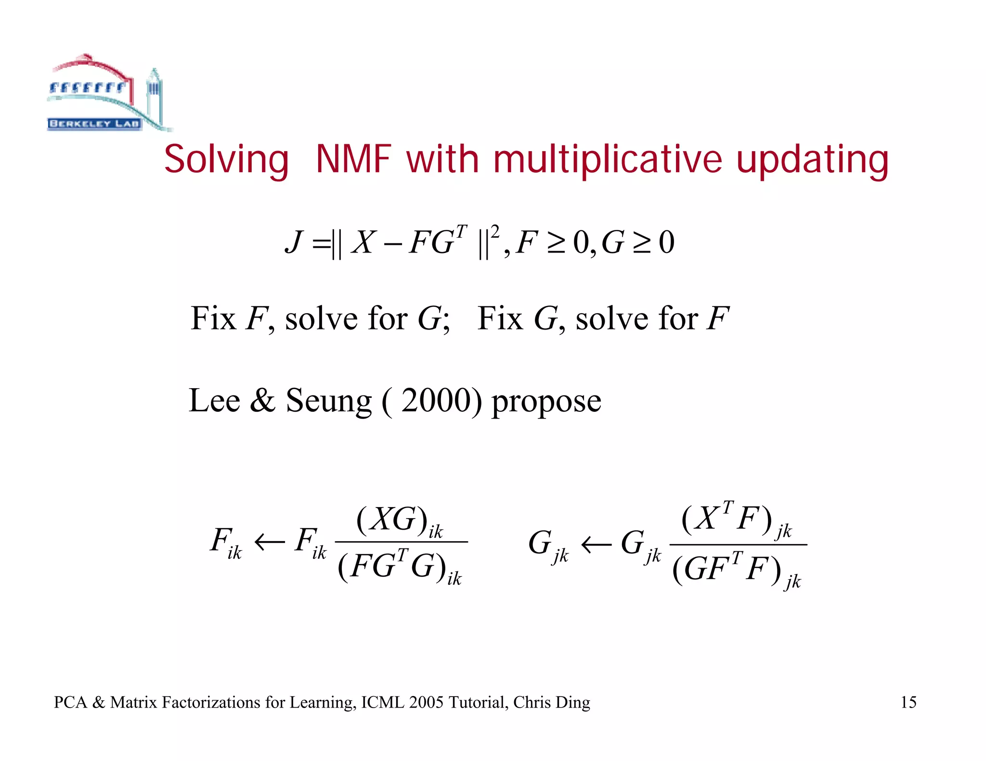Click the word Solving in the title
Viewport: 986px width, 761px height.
(x=226, y=160)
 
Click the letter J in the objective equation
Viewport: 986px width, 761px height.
(x=294, y=242)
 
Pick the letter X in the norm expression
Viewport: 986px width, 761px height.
(x=362, y=242)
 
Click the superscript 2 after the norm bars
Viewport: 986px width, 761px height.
(x=495, y=232)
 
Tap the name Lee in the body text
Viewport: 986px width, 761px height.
(x=214, y=400)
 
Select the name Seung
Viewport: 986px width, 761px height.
(x=328, y=401)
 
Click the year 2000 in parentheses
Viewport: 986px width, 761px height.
(x=435, y=400)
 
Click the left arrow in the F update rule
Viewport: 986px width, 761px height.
(x=269, y=543)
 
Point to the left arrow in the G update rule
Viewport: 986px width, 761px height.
(x=596, y=545)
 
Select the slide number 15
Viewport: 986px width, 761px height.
(x=908, y=702)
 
